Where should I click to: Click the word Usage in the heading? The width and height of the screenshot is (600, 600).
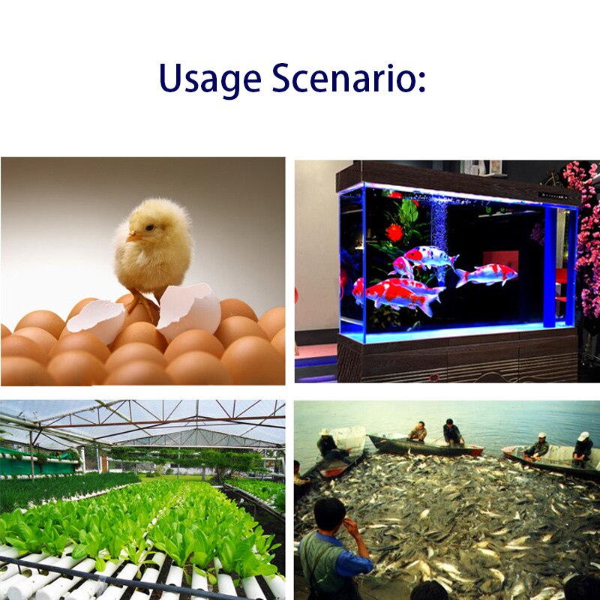point(210,79)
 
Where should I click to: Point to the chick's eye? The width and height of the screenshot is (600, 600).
point(149,227)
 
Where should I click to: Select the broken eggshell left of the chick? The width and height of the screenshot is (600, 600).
point(97,320)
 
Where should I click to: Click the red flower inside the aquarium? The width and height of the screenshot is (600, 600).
point(394,232)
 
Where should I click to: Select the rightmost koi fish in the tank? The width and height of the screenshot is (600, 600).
point(486,275)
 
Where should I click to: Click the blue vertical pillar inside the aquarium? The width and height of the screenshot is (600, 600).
point(550,267)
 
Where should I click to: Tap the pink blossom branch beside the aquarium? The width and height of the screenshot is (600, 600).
point(586,237)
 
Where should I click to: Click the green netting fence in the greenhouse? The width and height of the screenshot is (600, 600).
point(38,464)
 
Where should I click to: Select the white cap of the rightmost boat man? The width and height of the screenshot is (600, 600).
point(583,436)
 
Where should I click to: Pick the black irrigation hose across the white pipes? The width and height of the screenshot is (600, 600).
point(115,578)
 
